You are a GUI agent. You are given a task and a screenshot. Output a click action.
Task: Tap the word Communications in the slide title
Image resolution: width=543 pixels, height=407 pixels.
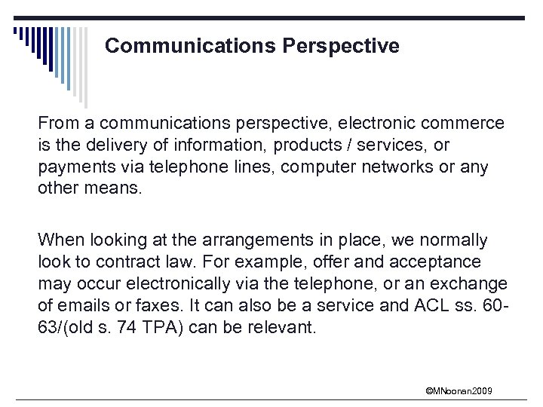(190, 46)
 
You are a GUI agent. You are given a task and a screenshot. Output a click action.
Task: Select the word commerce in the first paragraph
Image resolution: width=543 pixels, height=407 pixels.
(467, 122)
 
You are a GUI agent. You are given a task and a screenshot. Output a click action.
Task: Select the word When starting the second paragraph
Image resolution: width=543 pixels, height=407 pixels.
(59, 240)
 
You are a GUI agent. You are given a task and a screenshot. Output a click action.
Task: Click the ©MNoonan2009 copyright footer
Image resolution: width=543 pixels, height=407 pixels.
(459, 390)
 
